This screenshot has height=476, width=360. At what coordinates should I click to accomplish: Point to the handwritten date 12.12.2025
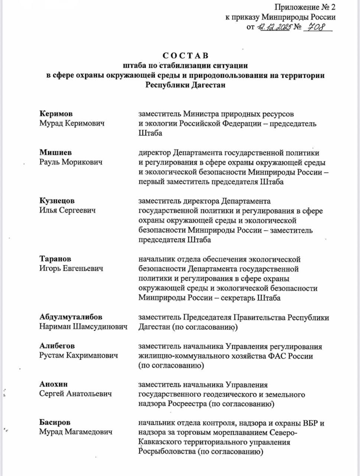tap(274, 27)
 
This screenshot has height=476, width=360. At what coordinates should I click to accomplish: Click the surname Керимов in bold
tap(56, 113)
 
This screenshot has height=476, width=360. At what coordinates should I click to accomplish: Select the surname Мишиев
tap(56, 152)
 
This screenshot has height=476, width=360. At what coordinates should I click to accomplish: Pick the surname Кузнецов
tap(57, 201)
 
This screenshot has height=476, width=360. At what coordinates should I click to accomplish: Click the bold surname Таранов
tap(55, 259)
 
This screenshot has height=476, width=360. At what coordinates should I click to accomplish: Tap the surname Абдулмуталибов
tap(71, 317)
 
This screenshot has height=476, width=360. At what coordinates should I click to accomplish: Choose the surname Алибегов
tap(57, 346)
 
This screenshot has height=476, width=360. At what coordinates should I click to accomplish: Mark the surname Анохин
tap(53, 384)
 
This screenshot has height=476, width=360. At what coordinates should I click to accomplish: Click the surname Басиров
tap(55, 423)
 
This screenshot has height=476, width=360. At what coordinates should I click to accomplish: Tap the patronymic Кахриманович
tap(93, 356)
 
